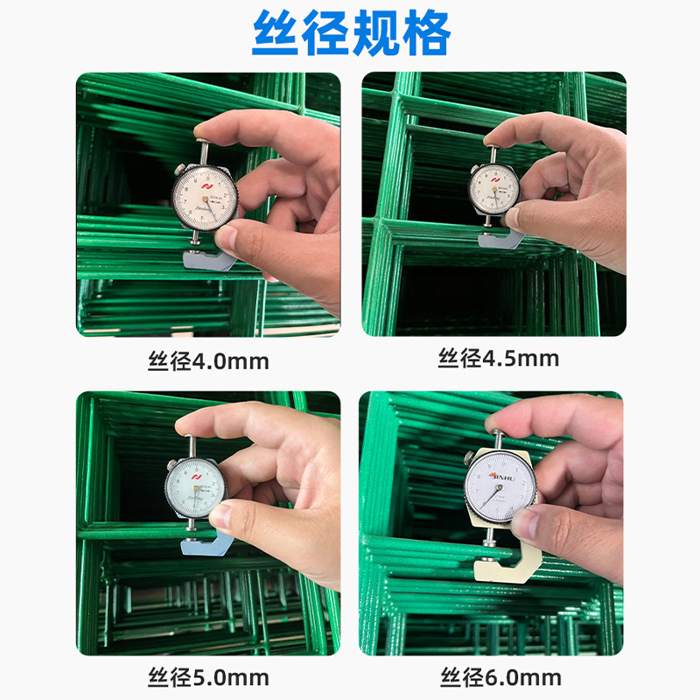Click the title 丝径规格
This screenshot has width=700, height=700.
tap(351, 34)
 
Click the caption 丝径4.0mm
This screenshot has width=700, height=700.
tap(207, 360)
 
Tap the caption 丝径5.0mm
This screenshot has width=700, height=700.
tap(207, 677)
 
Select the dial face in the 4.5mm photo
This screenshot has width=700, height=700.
tap(494, 186)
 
